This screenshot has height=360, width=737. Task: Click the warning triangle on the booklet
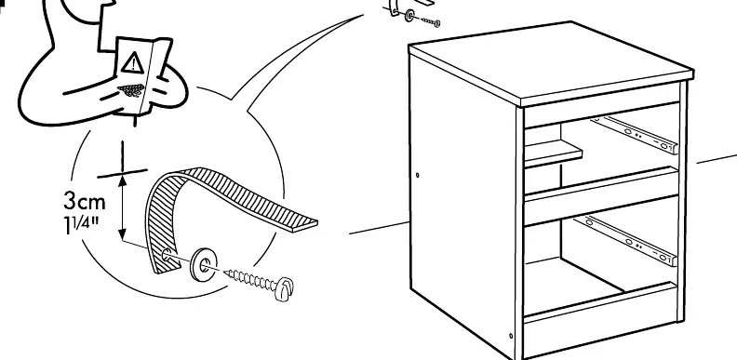tap(133, 62)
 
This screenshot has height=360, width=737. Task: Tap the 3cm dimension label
tap(85, 201)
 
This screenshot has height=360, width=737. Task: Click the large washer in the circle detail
tap(204, 264)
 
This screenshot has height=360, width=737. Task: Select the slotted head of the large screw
tap(284, 288)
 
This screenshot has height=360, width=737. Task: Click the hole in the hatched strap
tap(167, 256)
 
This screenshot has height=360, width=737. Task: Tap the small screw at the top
tap(431, 21)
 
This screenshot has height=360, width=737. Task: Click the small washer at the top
tap(409, 16)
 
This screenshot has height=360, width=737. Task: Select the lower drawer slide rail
tap(626, 240)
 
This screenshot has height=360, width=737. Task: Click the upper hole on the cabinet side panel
tap(418, 175)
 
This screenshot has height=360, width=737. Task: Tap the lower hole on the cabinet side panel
tap(511, 336)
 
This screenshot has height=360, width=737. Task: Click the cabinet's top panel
tap(551, 62)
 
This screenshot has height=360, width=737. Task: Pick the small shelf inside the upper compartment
tap(553, 154)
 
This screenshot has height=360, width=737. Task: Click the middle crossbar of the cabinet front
tap(601, 194)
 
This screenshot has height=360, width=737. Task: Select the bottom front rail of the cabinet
tap(600, 301)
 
